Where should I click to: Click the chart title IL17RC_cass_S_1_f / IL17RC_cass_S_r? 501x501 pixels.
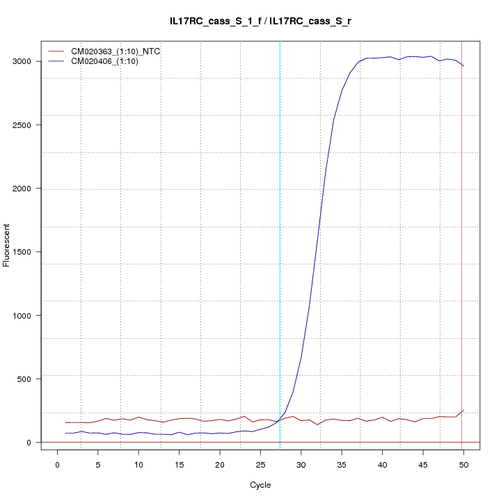265,22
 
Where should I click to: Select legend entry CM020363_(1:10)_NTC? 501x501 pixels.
111,51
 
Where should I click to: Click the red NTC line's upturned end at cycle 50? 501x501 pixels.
463,411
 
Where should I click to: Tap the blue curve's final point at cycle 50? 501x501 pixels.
463,66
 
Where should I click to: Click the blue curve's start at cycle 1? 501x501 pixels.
65,433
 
